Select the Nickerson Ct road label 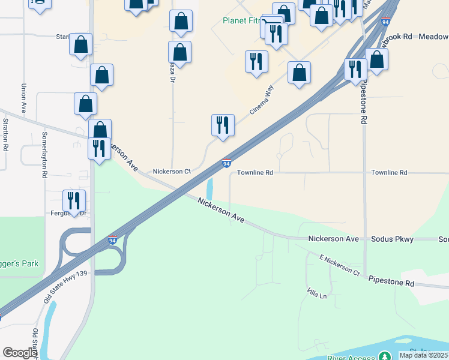click(x=172, y=172)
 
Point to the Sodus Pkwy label click(x=394, y=239)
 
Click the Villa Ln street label click(x=318, y=295)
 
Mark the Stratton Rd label click(x=5, y=134)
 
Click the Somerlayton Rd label click(x=44, y=155)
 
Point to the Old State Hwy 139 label click(x=61, y=288)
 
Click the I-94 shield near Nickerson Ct click(x=226, y=163)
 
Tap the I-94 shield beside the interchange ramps click(x=112, y=241)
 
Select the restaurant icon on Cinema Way click(x=223, y=125)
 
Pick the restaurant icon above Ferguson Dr click(x=74, y=200)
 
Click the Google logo click(x=20, y=353)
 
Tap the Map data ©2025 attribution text click(x=423, y=355)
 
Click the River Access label click(x=352, y=358)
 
